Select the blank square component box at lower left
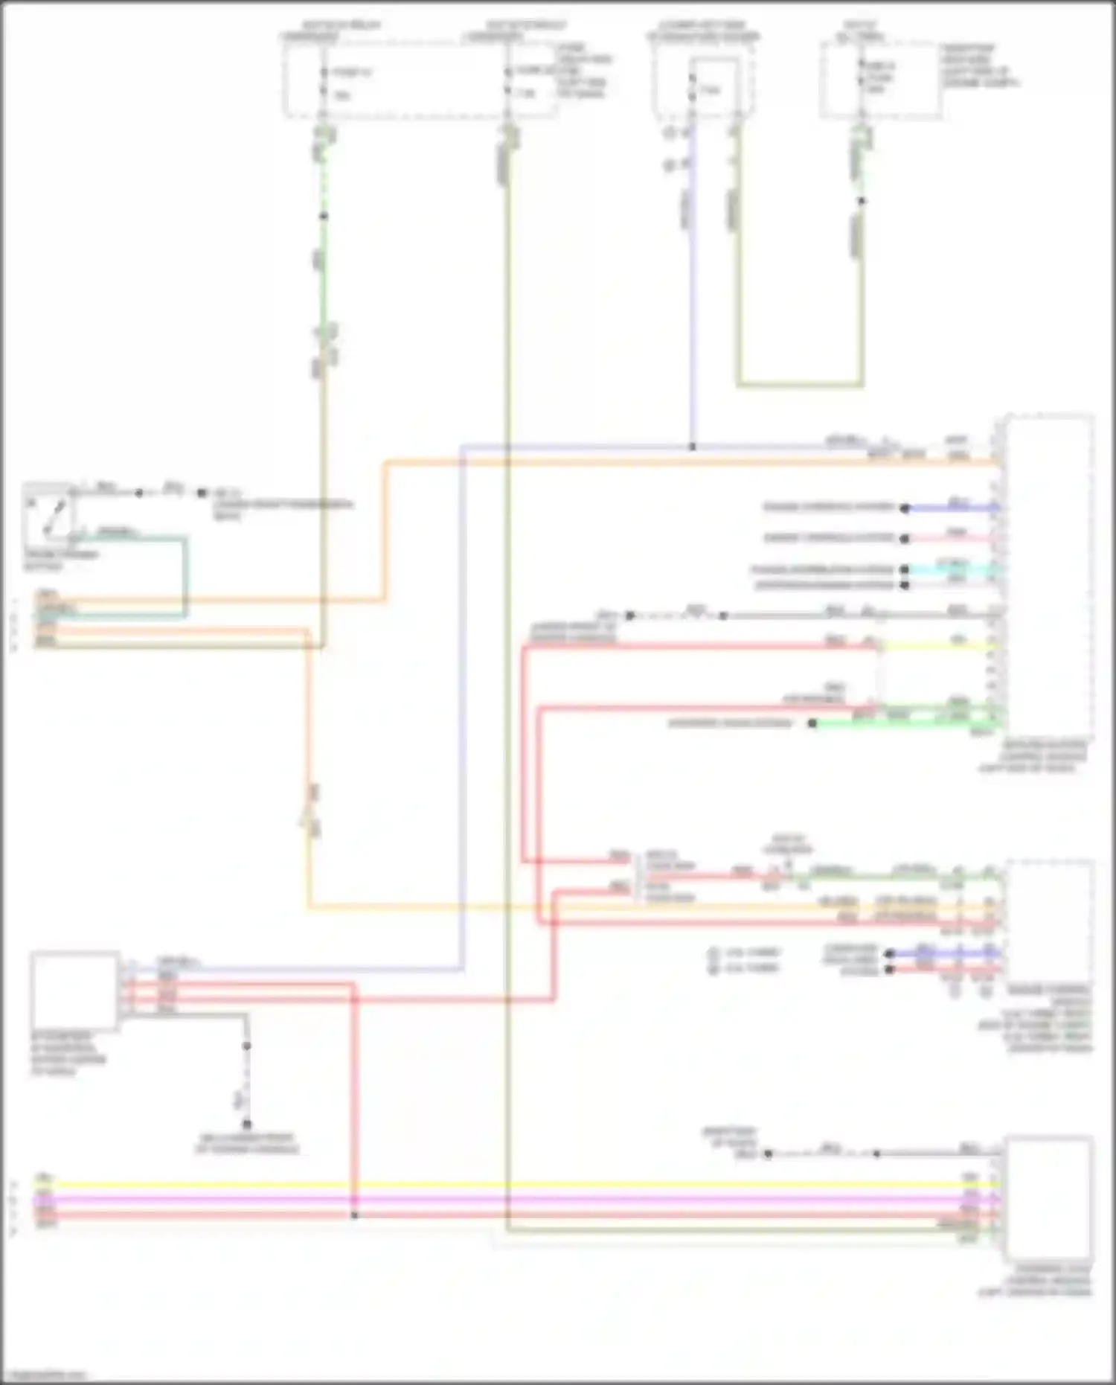[x=74, y=991]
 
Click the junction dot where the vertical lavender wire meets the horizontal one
[x=692, y=447]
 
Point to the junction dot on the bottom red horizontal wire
[x=354, y=1215]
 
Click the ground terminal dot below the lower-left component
[x=246, y=1125]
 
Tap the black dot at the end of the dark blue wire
[x=904, y=508]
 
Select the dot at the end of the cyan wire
[x=904, y=570]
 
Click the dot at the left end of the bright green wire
[x=812, y=723]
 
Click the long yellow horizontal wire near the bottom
[x=521, y=1184]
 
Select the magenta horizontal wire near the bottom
[x=521, y=1200]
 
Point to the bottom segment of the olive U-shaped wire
[x=800, y=385]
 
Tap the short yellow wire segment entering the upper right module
[x=937, y=647]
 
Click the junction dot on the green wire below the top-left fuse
[x=323, y=217]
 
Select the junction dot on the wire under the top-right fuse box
[x=862, y=201]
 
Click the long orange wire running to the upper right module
[x=670, y=462]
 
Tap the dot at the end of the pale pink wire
[x=904, y=538]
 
